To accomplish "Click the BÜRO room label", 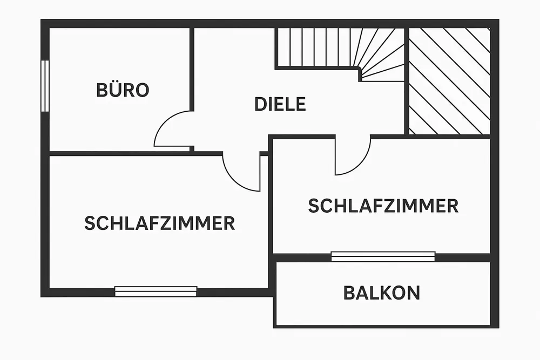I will tap(123, 90).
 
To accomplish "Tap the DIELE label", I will tap(280, 104).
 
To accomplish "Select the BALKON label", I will tap(381, 293).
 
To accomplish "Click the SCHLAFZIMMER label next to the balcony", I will tap(383, 206).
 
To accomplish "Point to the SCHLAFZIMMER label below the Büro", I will tap(159, 223).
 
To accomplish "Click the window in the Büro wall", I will tap(45, 86).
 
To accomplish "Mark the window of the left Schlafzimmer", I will tap(156, 291).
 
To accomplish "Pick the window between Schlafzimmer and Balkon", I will tap(383, 256).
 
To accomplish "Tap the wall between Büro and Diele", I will tap(192, 70).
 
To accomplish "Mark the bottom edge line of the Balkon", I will tap(383, 325).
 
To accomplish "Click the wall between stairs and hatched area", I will tap(407, 81).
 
